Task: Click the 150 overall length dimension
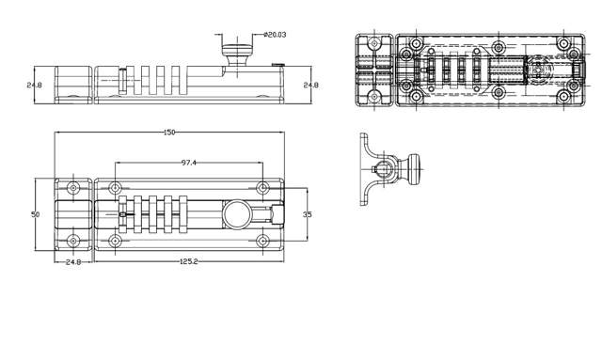point(169,133)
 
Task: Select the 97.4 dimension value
point(188,163)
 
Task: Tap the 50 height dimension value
point(35,214)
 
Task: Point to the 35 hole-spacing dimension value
point(308,214)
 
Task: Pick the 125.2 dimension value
point(188,261)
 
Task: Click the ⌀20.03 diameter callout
point(276,35)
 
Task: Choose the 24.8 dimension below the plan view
point(73,262)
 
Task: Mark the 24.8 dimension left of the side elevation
point(34,86)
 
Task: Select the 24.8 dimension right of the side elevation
point(311,86)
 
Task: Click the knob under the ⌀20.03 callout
point(237,55)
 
